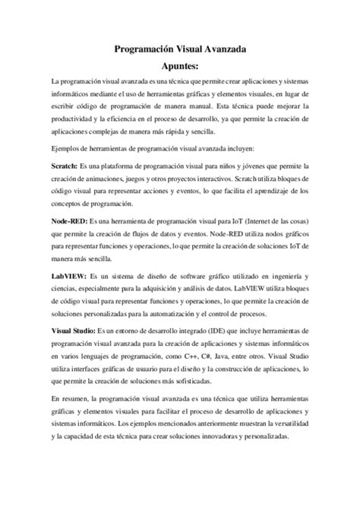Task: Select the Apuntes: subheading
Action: coord(180,66)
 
